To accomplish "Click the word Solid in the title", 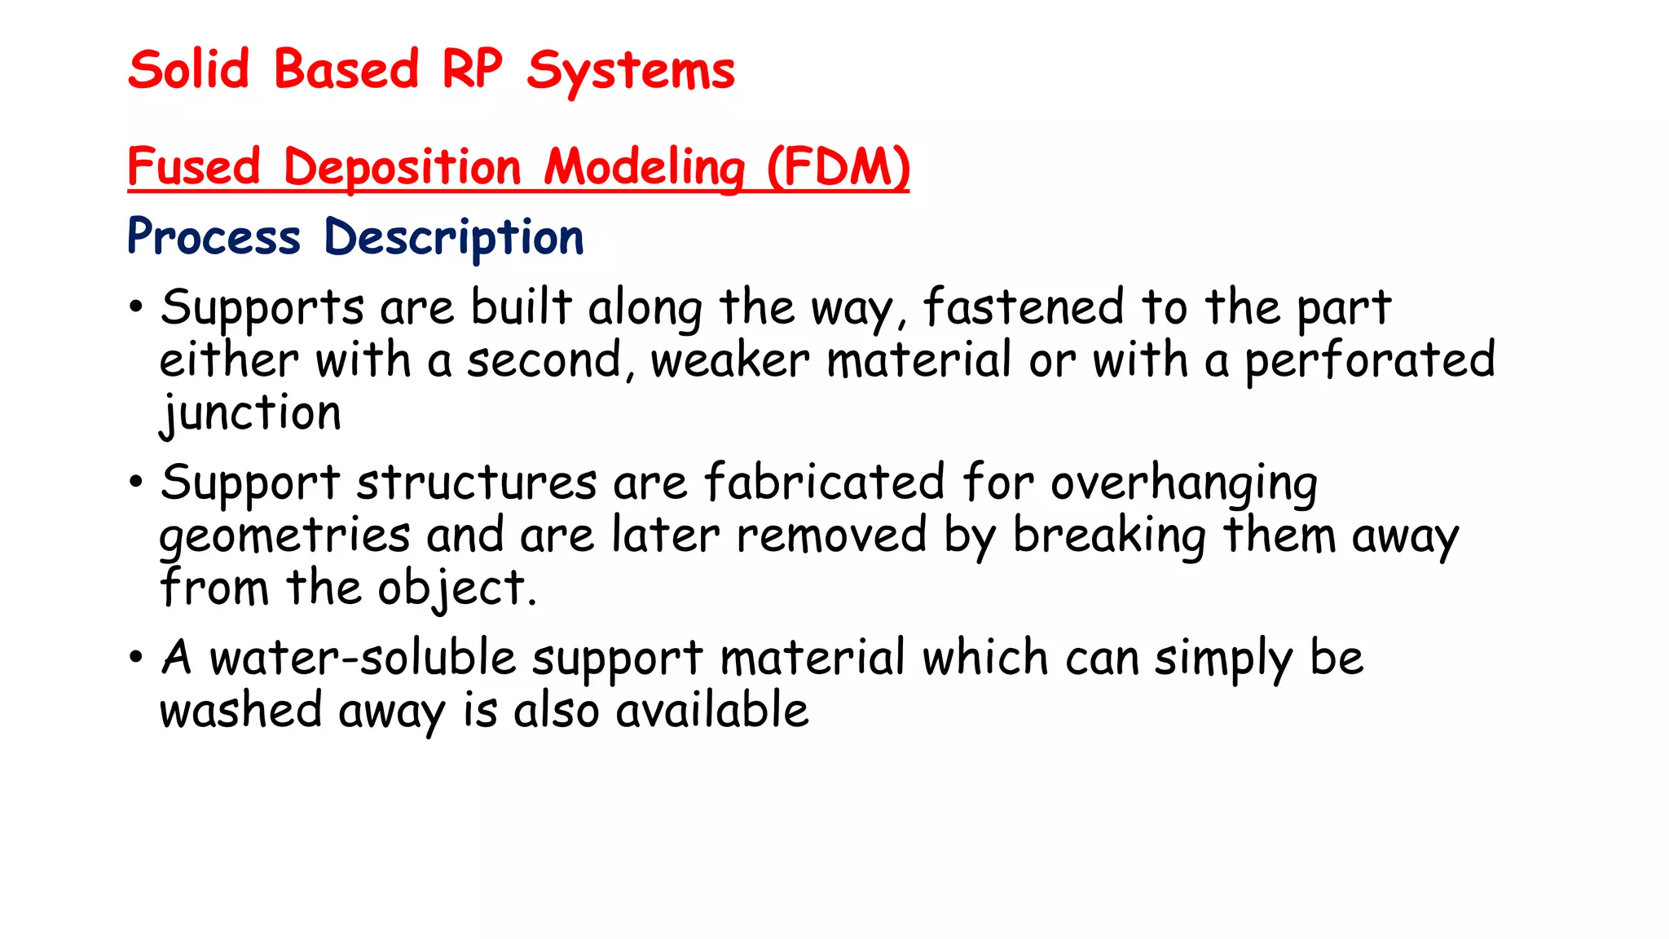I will [x=188, y=70].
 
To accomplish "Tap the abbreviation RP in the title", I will [x=472, y=70].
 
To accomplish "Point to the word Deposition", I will [x=402, y=168].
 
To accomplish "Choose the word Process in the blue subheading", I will [x=214, y=238].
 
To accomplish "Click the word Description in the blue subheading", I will [x=454, y=238].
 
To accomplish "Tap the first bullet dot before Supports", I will [x=135, y=308].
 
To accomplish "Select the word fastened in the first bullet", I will [x=1023, y=308].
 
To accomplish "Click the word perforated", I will [x=1369, y=360].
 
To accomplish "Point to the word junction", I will [x=250, y=413].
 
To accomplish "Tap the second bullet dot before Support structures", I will [x=135, y=482].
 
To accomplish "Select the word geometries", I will [x=284, y=536].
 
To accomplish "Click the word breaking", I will [x=1108, y=536].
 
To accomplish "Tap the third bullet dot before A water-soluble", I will [x=135, y=657].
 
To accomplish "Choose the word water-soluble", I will [x=363, y=658].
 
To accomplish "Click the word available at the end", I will [x=711, y=710].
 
